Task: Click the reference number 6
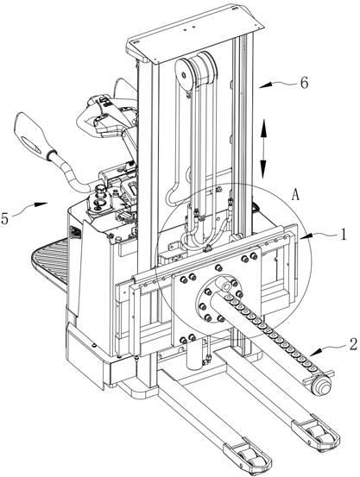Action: [x=304, y=83]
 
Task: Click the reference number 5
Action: [x=4, y=219]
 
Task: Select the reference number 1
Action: [x=344, y=235]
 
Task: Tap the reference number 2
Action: [x=353, y=345]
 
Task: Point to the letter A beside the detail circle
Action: [x=295, y=194]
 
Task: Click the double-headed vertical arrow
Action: [x=263, y=148]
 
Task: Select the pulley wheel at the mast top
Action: [x=184, y=73]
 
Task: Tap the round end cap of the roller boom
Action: [x=323, y=385]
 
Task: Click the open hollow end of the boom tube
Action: [x=225, y=284]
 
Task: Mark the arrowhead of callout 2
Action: [x=314, y=352]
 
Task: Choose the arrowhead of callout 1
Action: [x=306, y=236]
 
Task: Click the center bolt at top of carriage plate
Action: [x=218, y=268]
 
